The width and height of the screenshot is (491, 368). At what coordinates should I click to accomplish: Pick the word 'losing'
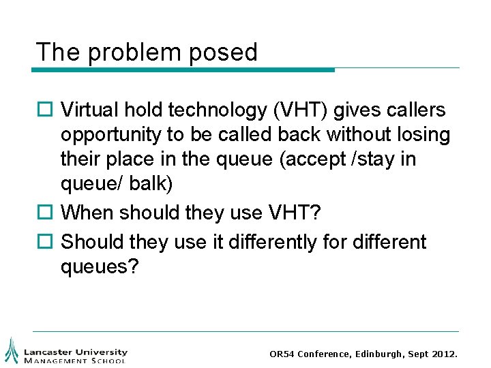click(428, 135)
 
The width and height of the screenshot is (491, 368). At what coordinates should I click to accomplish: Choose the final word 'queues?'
click(100, 267)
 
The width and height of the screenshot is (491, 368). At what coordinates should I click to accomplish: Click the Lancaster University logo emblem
click(12, 350)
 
